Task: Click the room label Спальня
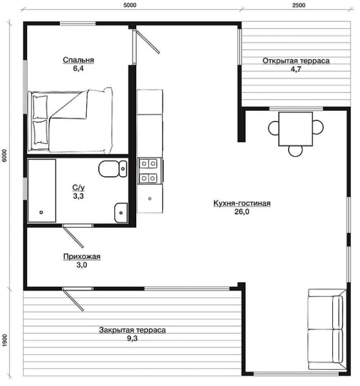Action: point(78,60)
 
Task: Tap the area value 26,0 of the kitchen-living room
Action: point(242,212)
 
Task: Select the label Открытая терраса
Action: point(296,61)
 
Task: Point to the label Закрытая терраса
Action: point(132,330)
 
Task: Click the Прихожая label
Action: point(82,257)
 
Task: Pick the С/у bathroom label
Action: point(78,188)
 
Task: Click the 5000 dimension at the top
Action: point(130,5)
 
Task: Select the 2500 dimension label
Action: point(299,5)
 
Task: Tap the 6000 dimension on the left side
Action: point(4,155)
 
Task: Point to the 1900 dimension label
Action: point(4,340)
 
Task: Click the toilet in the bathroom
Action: point(113,169)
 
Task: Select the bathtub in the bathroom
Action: point(42,190)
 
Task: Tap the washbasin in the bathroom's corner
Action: point(121,212)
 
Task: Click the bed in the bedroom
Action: point(71,121)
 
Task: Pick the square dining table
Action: point(296,129)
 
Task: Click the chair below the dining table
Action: point(295,152)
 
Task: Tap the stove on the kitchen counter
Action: point(148,170)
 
